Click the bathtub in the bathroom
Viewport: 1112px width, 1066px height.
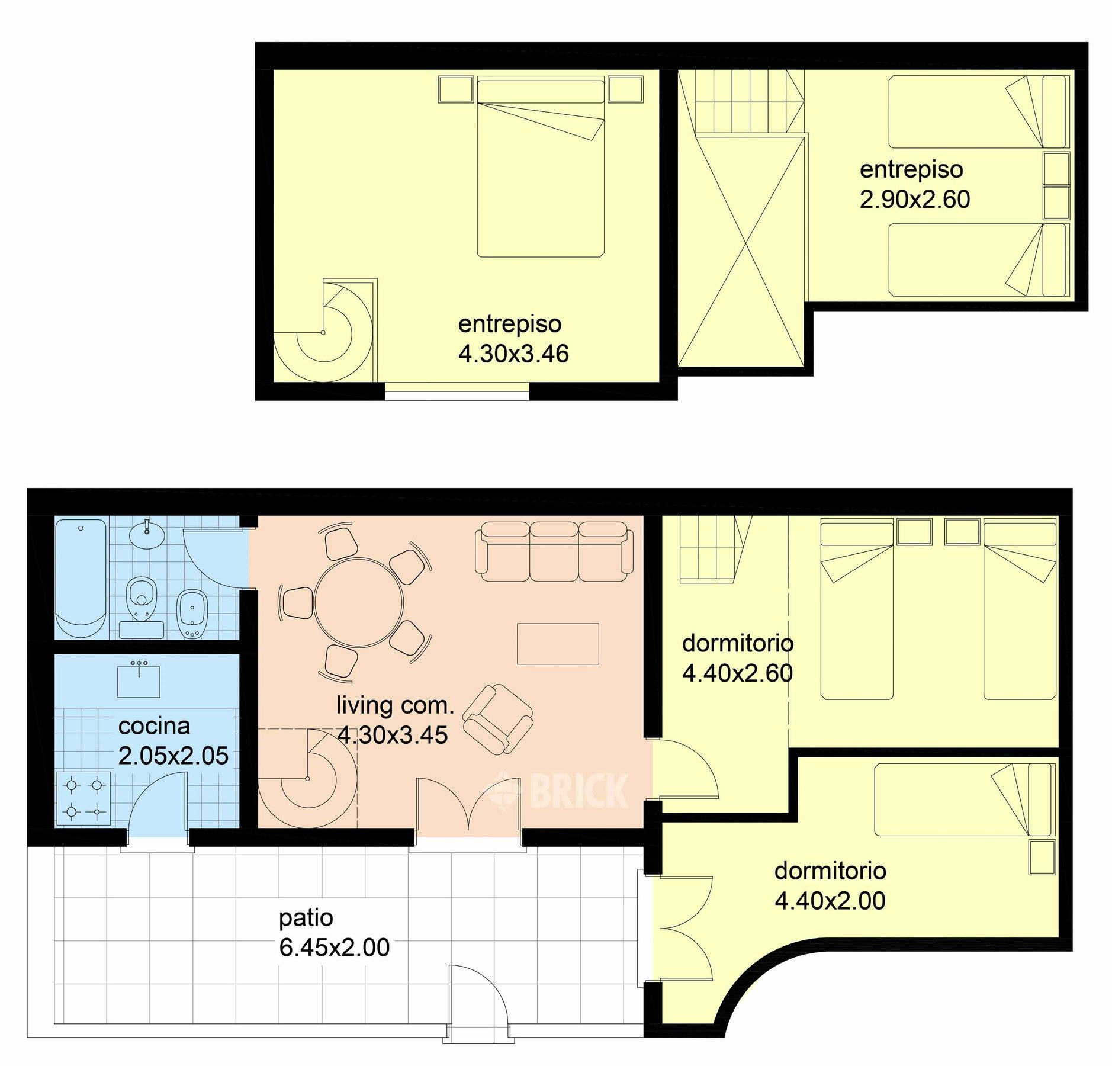click(81, 578)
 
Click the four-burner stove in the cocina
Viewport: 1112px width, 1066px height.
click(84, 798)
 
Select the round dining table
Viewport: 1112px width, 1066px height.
click(359, 602)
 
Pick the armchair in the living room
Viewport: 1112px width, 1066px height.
click(497, 719)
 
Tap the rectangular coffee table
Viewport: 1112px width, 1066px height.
click(558, 644)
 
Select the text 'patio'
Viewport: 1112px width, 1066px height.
click(306, 918)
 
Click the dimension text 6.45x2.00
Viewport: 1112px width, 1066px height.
click(334, 948)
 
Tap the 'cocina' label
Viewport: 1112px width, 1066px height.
click(154, 726)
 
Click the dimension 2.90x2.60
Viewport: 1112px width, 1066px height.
click(915, 200)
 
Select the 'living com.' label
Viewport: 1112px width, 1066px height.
click(395, 705)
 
